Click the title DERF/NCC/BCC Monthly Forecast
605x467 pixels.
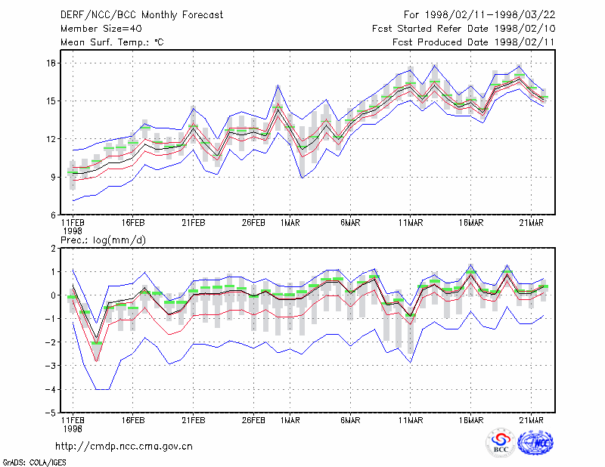141,15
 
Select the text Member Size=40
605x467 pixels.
101,29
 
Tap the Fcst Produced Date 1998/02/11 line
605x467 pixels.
473,42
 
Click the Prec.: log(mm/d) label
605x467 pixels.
103,240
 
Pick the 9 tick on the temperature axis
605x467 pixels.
53,177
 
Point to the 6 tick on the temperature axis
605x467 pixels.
53,215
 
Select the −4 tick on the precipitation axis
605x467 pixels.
50,389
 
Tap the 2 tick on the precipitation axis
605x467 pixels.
53,249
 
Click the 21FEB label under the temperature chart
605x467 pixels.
194,223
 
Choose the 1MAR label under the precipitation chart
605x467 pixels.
290,420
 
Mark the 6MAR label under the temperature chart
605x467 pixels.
350,223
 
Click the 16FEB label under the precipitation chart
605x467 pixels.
133,420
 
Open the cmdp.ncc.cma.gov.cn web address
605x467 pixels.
124,447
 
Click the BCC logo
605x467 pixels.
501,443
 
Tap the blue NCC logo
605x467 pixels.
535,443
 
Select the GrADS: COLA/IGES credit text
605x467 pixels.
35,462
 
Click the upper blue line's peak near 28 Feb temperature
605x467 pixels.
278,85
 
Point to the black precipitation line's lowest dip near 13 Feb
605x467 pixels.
97,339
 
